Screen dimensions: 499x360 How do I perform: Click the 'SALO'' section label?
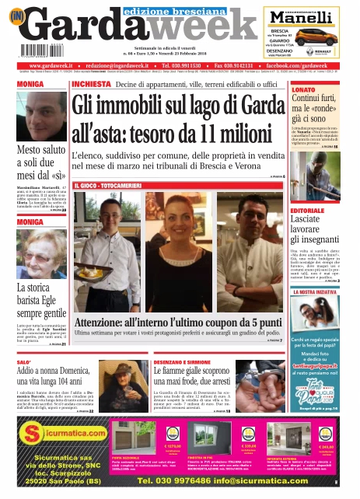tap(24, 363)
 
